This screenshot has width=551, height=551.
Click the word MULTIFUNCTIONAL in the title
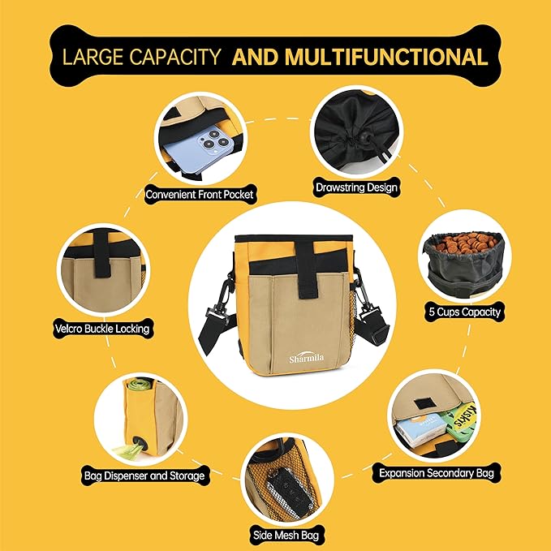click(x=386, y=57)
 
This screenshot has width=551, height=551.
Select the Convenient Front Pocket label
click(x=200, y=194)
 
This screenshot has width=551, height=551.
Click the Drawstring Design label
click(x=356, y=187)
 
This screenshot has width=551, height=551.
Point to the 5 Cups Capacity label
click(x=464, y=312)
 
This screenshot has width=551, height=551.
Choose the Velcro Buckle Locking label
click(x=102, y=329)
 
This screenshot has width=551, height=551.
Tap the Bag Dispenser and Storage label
click(x=144, y=476)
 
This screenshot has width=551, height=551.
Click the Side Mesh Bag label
click(x=286, y=536)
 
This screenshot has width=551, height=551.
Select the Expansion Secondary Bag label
click(x=437, y=473)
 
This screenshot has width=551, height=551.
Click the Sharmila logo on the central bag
click(x=307, y=358)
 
